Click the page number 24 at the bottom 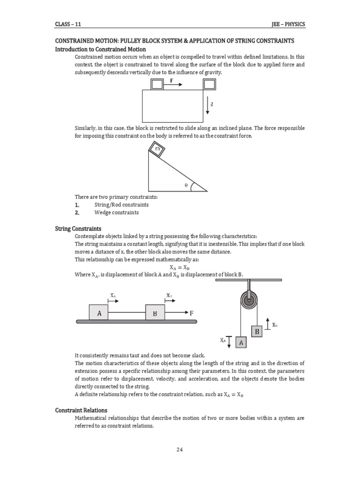pyautogui.click(x=180, y=450)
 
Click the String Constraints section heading pyautogui.click(x=78, y=228)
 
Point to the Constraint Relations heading pyautogui.click(x=81, y=410)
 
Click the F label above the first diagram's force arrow pyautogui.click(x=172, y=80)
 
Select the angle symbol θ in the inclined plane pyautogui.click(x=186, y=186)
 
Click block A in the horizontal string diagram pyautogui.click(x=99, y=313)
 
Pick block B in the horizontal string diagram pyautogui.click(x=155, y=313)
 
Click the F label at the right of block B pyautogui.click(x=192, y=313)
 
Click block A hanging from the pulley pyautogui.click(x=241, y=343)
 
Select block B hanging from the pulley pyautogui.click(x=257, y=331)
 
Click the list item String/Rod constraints pyautogui.click(x=121, y=205)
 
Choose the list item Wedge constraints pyautogui.click(x=117, y=212)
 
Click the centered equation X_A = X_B pyautogui.click(x=180, y=267)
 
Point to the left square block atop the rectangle pyautogui.click(x=157, y=84)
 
